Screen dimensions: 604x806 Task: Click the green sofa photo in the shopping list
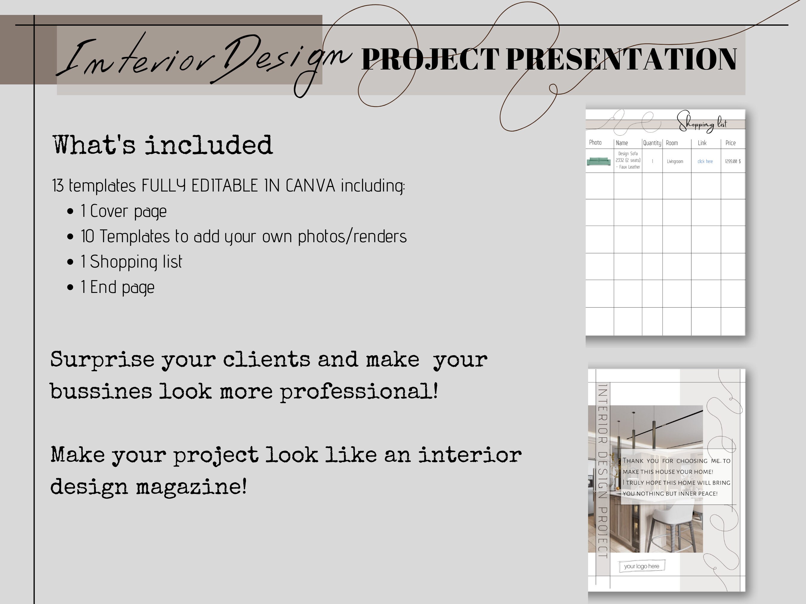(x=599, y=161)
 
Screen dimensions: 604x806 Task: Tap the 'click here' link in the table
(x=705, y=161)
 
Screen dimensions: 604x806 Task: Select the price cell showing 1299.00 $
(x=732, y=161)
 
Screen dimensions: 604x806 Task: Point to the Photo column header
(x=595, y=143)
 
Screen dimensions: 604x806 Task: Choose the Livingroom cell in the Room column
(x=675, y=161)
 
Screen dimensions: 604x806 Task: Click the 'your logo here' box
(x=642, y=566)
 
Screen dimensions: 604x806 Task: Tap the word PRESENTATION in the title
(x=621, y=59)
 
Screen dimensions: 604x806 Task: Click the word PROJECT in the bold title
(x=430, y=59)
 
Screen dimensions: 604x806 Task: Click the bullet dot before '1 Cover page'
(x=70, y=211)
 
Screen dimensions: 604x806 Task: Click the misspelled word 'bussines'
(x=101, y=392)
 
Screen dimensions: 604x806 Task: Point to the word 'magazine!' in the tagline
(x=191, y=487)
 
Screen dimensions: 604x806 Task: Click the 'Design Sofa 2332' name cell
(x=628, y=160)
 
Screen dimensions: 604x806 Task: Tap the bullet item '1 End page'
(x=117, y=287)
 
